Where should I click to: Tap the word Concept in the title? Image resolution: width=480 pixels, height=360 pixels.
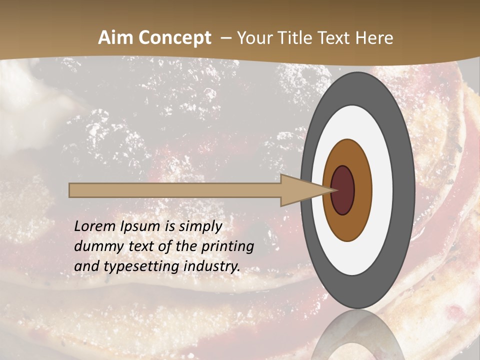(x=174, y=38)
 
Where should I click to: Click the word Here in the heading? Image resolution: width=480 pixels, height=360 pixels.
(x=374, y=38)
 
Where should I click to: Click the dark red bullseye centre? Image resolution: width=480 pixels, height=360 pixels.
(x=342, y=190)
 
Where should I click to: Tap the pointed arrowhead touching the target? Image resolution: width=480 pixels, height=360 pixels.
(x=305, y=190)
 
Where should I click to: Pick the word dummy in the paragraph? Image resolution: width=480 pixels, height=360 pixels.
(x=95, y=246)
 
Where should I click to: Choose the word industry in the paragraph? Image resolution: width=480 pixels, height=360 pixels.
(x=212, y=266)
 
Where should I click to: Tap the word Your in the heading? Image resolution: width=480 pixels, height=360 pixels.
(x=253, y=38)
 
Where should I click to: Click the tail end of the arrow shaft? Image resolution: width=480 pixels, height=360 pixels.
(x=73, y=190)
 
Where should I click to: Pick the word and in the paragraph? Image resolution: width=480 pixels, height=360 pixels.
(x=86, y=266)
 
